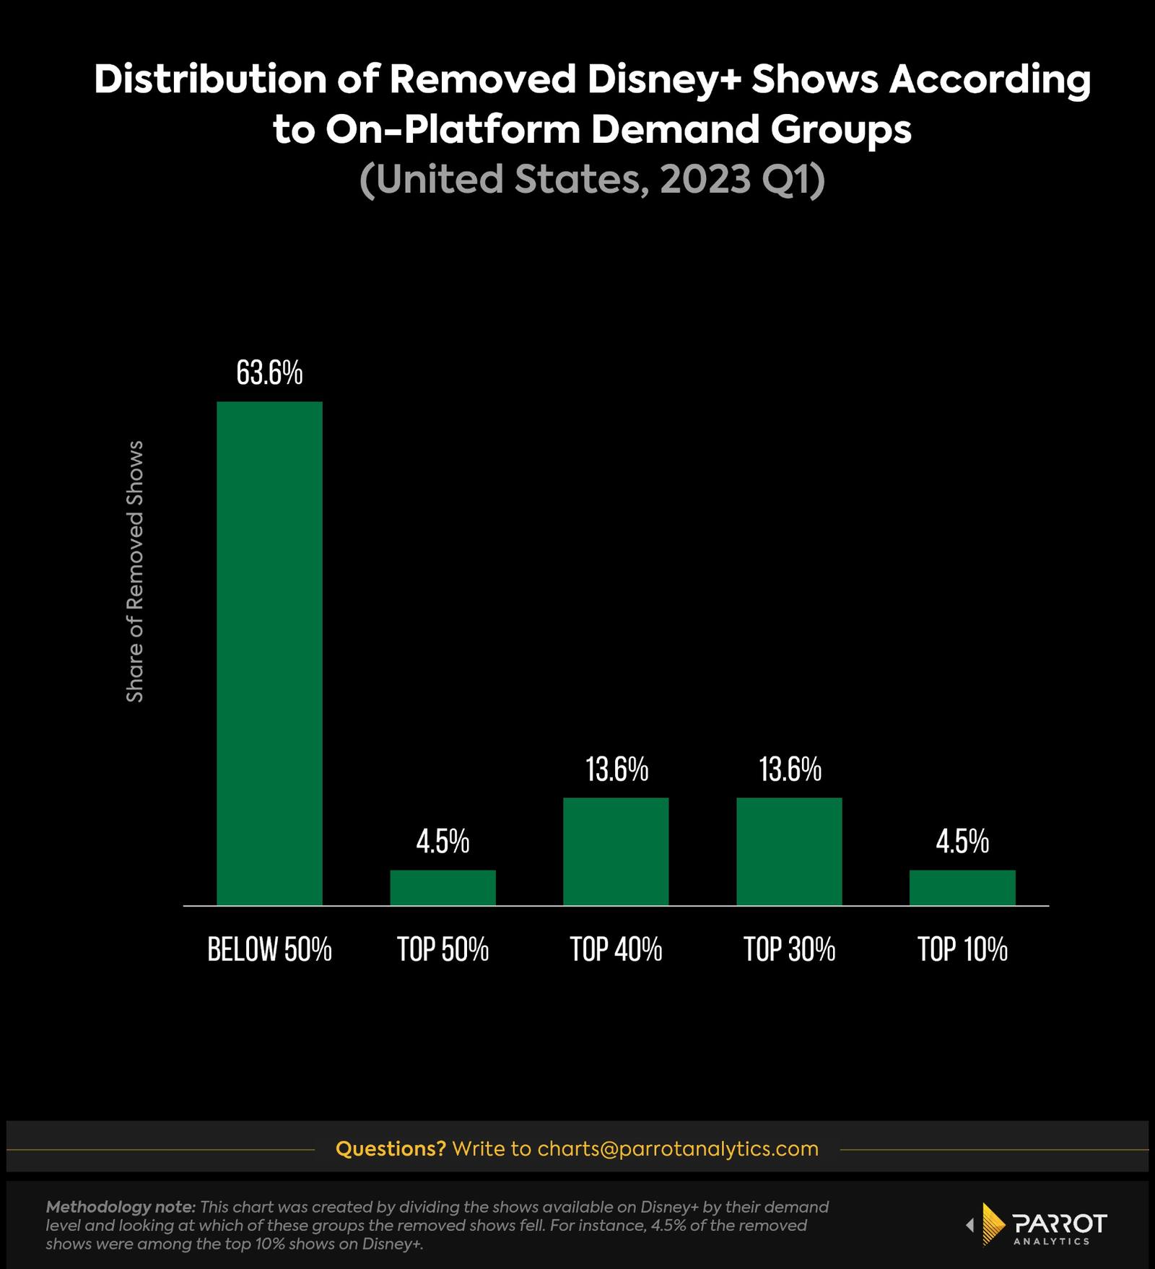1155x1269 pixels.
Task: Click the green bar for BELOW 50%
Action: tap(269, 653)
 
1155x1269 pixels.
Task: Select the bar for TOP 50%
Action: tap(443, 887)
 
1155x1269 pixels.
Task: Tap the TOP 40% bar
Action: tap(616, 851)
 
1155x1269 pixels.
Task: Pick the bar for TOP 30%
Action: tap(789, 851)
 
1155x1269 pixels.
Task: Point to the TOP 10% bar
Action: tap(962, 887)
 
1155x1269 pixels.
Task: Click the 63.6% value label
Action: tap(269, 373)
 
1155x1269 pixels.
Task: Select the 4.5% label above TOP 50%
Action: tap(443, 842)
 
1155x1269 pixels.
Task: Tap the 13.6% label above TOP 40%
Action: tap(616, 769)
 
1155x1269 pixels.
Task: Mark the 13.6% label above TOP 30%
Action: tap(790, 769)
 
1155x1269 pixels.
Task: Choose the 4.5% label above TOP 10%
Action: tap(962, 842)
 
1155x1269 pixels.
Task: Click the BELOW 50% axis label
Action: tap(269, 949)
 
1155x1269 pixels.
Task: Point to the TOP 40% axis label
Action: tap(616, 949)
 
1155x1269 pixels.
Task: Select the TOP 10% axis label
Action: tap(962, 949)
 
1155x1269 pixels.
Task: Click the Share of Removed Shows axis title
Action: tap(135, 571)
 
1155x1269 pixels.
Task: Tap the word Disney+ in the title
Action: tap(664, 79)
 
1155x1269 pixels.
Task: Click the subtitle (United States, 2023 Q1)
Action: tap(592, 179)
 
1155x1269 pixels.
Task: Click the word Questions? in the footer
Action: tap(391, 1148)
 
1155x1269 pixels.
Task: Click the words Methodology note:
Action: tap(121, 1207)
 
